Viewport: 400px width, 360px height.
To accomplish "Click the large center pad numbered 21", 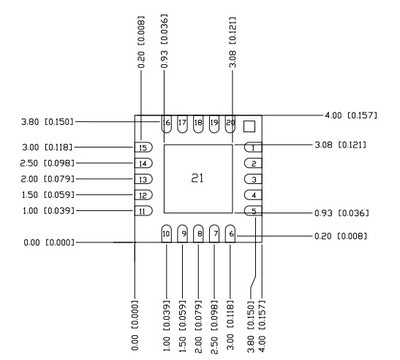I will (x=198, y=178).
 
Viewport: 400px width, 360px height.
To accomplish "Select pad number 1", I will (x=253, y=148).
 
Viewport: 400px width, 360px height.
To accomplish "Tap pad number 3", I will (x=253, y=179).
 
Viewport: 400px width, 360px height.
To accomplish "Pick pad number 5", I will (x=253, y=211).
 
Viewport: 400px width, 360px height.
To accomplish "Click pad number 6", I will (x=230, y=234).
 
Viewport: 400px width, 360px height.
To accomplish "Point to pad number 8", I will (x=199, y=234).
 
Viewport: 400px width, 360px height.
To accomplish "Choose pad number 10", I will (x=166, y=234).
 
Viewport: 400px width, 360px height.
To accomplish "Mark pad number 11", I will (x=144, y=211).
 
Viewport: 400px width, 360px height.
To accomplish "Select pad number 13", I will (x=144, y=179).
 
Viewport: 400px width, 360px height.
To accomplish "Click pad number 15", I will (x=144, y=148).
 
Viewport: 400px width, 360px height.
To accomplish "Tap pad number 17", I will (x=183, y=123).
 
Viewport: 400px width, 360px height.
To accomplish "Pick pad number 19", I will (x=214, y=123).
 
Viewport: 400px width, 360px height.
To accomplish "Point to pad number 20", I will (x=230, y=123).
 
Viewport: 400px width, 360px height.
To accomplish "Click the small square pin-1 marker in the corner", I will (x=249, y=126).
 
